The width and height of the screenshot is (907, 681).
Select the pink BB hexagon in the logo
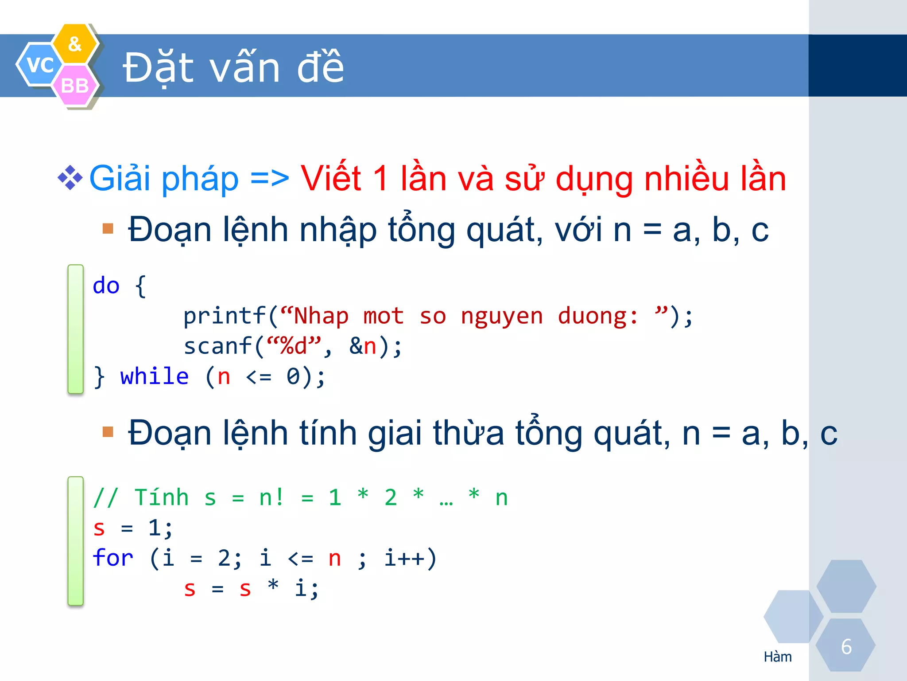74,86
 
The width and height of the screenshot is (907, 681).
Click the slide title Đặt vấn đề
233,68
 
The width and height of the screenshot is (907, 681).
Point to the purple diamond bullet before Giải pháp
70,178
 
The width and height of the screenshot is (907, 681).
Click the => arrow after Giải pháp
269,178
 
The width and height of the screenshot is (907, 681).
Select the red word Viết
331,178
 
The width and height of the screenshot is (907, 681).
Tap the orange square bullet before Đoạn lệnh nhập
108,229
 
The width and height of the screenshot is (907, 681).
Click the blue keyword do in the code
106,286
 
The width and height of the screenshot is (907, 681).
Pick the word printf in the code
225,316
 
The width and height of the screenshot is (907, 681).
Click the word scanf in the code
218,346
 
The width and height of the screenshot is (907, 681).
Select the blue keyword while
154,376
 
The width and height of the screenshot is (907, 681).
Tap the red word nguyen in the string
501,317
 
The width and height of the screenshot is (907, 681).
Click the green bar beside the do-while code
75,329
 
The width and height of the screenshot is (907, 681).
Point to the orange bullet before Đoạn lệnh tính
108,431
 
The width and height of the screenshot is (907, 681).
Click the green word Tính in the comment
161,497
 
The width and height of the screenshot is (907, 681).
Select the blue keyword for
113,558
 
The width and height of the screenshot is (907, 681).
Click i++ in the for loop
404,558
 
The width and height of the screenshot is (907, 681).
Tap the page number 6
846,647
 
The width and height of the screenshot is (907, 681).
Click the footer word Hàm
778,657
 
